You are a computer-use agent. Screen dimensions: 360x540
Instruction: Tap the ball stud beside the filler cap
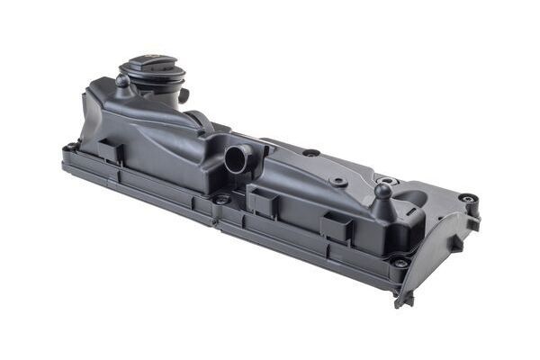tap(121, 81)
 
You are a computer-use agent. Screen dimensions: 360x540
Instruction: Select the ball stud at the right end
tap(383, 191)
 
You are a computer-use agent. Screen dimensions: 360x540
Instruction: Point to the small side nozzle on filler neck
tap(184, 94)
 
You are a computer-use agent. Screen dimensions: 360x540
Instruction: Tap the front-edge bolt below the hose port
tap(220, 199)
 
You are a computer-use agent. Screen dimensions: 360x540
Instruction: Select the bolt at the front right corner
tap(399, 262)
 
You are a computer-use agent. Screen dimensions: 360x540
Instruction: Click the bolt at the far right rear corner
tap(466, 198)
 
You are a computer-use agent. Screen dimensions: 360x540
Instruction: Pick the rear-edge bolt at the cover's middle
tap(310, 153)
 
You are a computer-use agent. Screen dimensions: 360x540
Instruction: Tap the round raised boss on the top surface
tap(338, 182)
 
